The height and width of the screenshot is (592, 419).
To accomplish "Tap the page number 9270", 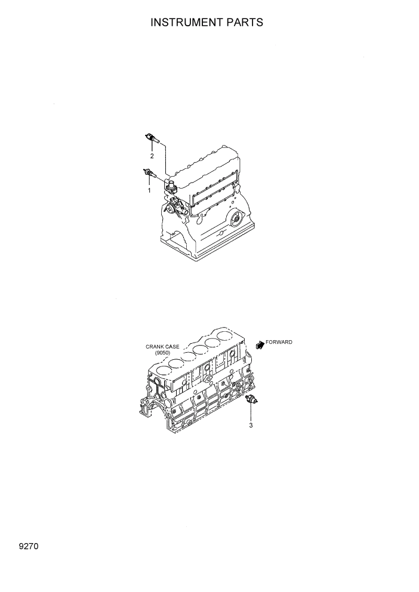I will coord(28,545).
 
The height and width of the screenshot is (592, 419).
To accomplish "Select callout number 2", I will coord(152,156).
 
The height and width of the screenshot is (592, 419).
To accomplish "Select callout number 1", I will coord(149,190).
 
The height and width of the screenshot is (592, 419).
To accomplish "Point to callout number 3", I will coord(251,425).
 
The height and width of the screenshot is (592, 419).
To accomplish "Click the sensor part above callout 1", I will coord(149,173).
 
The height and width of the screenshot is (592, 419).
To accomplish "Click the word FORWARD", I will coord(279,342).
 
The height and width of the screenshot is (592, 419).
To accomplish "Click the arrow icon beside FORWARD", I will coord(260,344).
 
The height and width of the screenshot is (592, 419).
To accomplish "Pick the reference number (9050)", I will coord(162,353).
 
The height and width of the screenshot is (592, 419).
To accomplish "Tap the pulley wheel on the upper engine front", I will coord(172,209).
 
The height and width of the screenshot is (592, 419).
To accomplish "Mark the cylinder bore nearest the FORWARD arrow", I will coord(226,336).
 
